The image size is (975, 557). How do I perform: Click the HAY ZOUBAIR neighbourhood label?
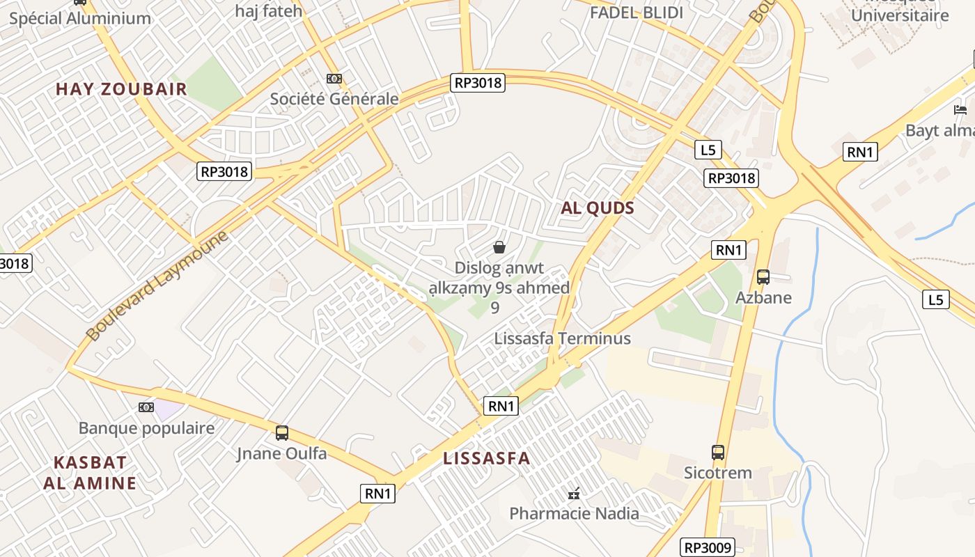[122, 89]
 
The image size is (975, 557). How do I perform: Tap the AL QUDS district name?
[598, 208]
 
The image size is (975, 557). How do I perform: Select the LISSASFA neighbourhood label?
[487, 458]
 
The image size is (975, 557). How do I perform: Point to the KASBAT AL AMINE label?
[91, 473]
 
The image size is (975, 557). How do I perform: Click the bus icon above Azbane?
[763, 277]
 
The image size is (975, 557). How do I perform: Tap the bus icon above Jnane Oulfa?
[282, 433]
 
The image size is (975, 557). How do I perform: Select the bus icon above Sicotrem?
[718, 453]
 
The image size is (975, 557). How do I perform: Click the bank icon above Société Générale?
[334, 79]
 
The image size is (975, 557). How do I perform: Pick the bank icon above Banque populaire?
[146, 407]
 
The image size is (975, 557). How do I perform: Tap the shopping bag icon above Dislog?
[499, 247]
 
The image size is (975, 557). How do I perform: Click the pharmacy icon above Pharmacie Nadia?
[574, 494]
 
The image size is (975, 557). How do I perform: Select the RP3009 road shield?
[708, 548]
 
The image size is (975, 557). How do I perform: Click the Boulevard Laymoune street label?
[157, 286]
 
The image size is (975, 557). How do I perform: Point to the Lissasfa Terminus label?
[562, 339]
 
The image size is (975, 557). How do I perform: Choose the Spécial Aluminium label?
[80, 19]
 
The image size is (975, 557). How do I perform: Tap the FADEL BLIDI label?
[637, 13]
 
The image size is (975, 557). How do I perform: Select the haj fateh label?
[269, 11]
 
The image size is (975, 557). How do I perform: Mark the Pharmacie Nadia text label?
[574, 514]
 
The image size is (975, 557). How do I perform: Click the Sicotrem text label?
[718, 473]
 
